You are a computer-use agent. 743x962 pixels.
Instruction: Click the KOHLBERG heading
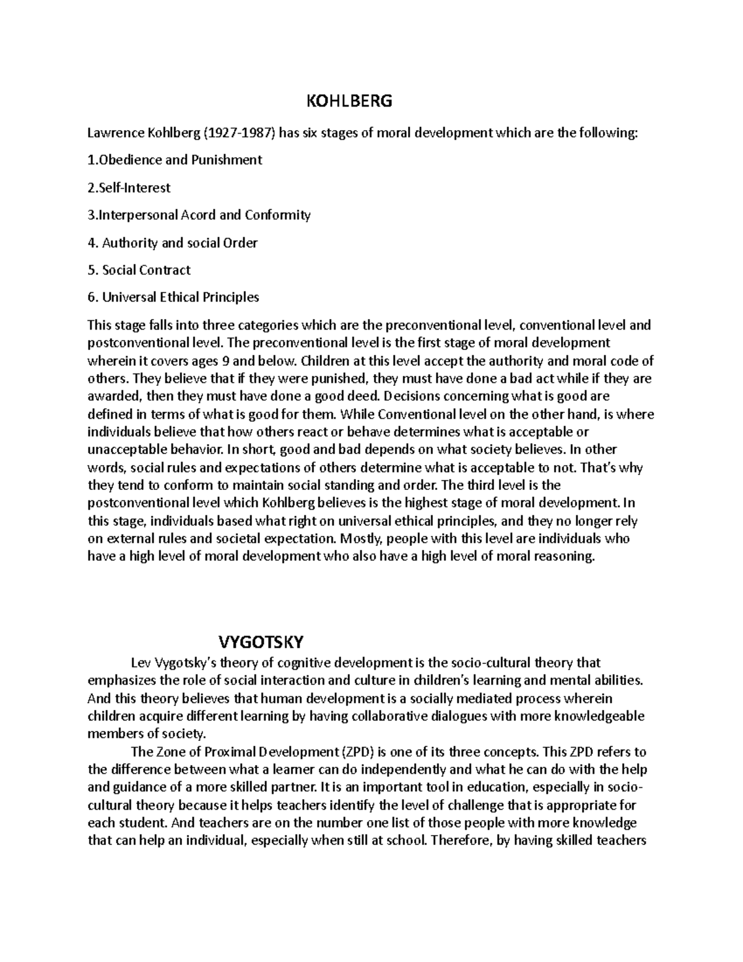350,101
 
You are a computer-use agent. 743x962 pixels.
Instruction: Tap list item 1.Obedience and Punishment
175,160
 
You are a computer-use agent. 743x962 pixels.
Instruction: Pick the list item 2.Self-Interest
129,187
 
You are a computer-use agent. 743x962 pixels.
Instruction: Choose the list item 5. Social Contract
139,270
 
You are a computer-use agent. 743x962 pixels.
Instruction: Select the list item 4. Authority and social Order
173,243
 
